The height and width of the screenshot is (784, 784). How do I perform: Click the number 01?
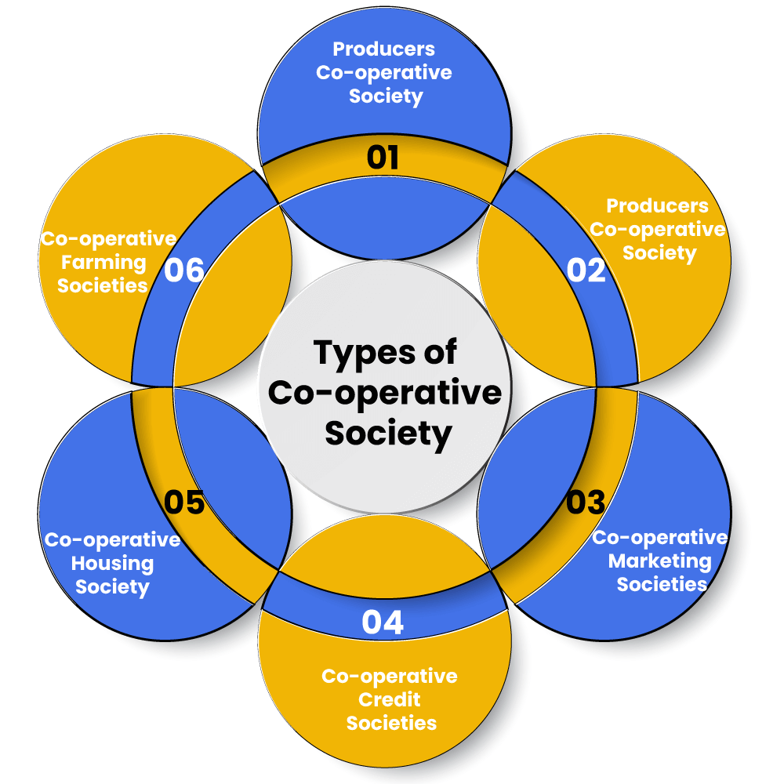383,158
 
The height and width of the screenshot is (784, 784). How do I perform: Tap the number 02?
586,270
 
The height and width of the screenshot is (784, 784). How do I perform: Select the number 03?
586,502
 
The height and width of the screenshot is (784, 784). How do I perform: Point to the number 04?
383,622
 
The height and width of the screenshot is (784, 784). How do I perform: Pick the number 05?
184,503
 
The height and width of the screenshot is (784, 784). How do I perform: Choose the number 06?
184,270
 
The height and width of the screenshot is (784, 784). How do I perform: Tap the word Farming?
102,262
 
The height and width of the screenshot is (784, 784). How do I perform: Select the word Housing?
112,563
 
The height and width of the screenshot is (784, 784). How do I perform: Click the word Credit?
390,699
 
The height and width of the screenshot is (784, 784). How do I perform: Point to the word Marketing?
659,561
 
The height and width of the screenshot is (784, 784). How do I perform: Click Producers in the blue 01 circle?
383,49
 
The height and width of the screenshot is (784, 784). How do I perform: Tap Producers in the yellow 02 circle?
657,205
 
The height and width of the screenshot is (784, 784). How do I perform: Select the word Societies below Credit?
391,723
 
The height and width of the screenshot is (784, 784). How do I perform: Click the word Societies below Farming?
103,285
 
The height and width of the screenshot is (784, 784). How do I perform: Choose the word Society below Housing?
113,586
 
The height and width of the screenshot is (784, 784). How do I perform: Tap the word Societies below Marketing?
662,584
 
